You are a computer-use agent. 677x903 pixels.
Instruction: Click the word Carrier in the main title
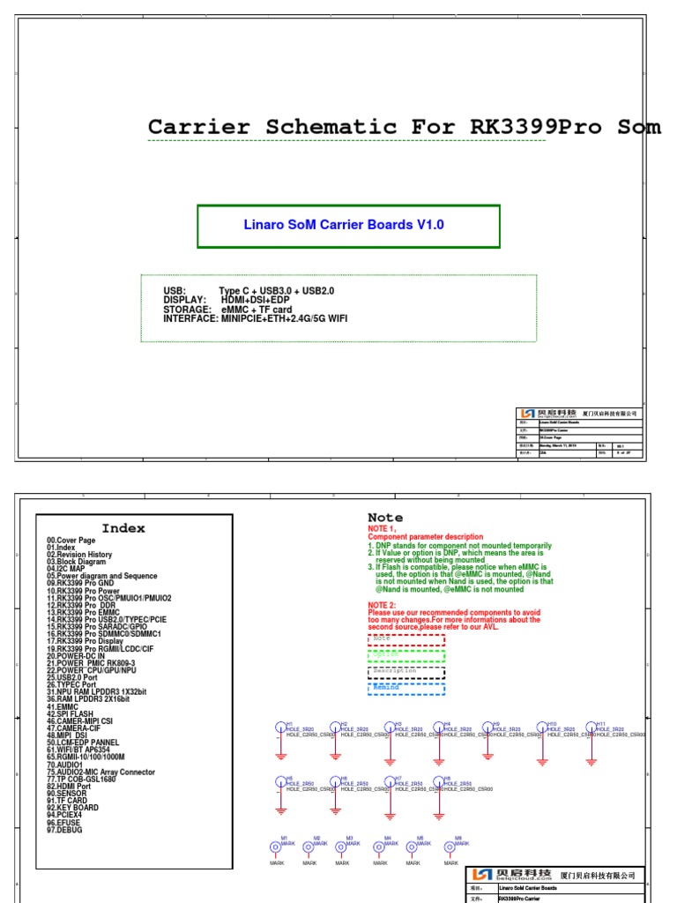pos(199,127)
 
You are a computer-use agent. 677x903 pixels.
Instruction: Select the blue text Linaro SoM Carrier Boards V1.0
pos(344,225)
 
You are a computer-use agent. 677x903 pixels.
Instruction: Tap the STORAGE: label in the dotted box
pos(187,310)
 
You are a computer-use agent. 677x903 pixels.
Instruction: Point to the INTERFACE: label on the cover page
pos(190,318)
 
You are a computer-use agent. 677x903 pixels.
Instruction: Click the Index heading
pos(123,528)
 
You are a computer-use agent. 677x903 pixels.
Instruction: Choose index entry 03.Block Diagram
pos(77,562)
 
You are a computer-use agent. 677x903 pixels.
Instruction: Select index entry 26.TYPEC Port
pos(72,684)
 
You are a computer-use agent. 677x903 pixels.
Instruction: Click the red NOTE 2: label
pos(388,606)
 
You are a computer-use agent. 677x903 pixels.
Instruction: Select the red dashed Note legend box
pos(406,638)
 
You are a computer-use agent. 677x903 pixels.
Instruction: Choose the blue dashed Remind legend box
pos(406,688)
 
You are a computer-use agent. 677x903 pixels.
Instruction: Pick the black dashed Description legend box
pos(406,672)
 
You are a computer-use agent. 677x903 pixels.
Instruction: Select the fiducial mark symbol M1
pos(275,847)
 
